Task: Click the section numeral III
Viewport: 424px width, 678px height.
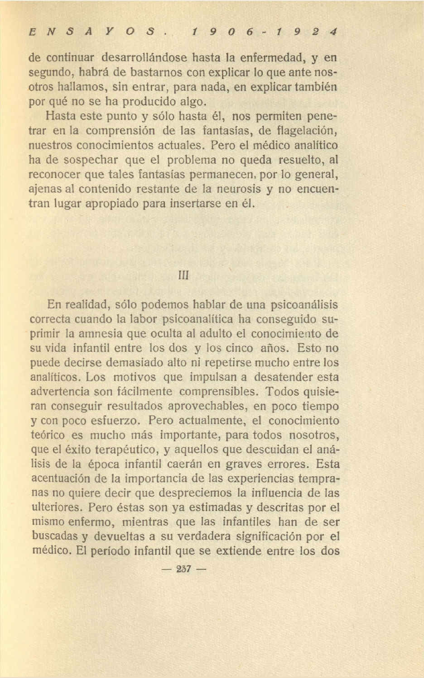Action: (184, 275)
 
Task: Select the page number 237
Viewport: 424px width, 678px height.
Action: (184, 569)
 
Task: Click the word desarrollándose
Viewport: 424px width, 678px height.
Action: (145, 57)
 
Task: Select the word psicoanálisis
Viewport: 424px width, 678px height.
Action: (304, 304)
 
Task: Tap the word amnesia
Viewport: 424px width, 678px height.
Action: (101, 333)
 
